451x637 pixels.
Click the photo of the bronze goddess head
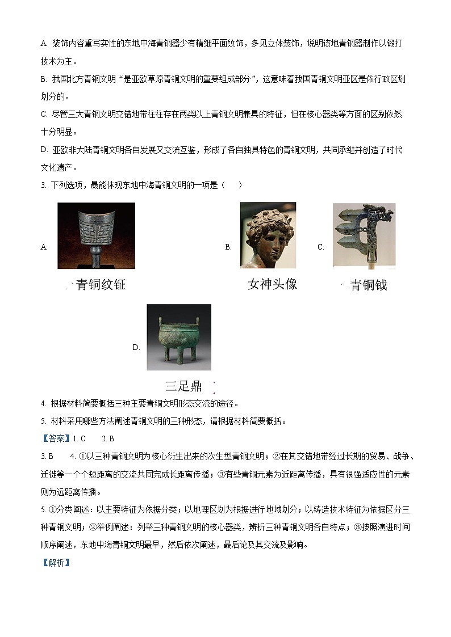click(x=268, y=235)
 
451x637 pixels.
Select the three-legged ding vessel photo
click(x=179, y=337)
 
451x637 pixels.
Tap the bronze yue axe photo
click(x=364, y=235)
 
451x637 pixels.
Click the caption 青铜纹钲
click(x=101, y=285)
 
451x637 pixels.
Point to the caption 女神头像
click(x=272, y=284)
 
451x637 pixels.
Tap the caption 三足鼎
click(x=183, y=387)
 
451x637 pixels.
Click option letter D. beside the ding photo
click(x=136, y=348)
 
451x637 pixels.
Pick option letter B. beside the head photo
click(x=228, y=247)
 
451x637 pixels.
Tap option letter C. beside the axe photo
click(x=320, y=247)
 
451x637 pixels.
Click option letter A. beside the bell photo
click(x=44, y=247)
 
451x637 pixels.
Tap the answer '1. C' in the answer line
click(x=79, y=438)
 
